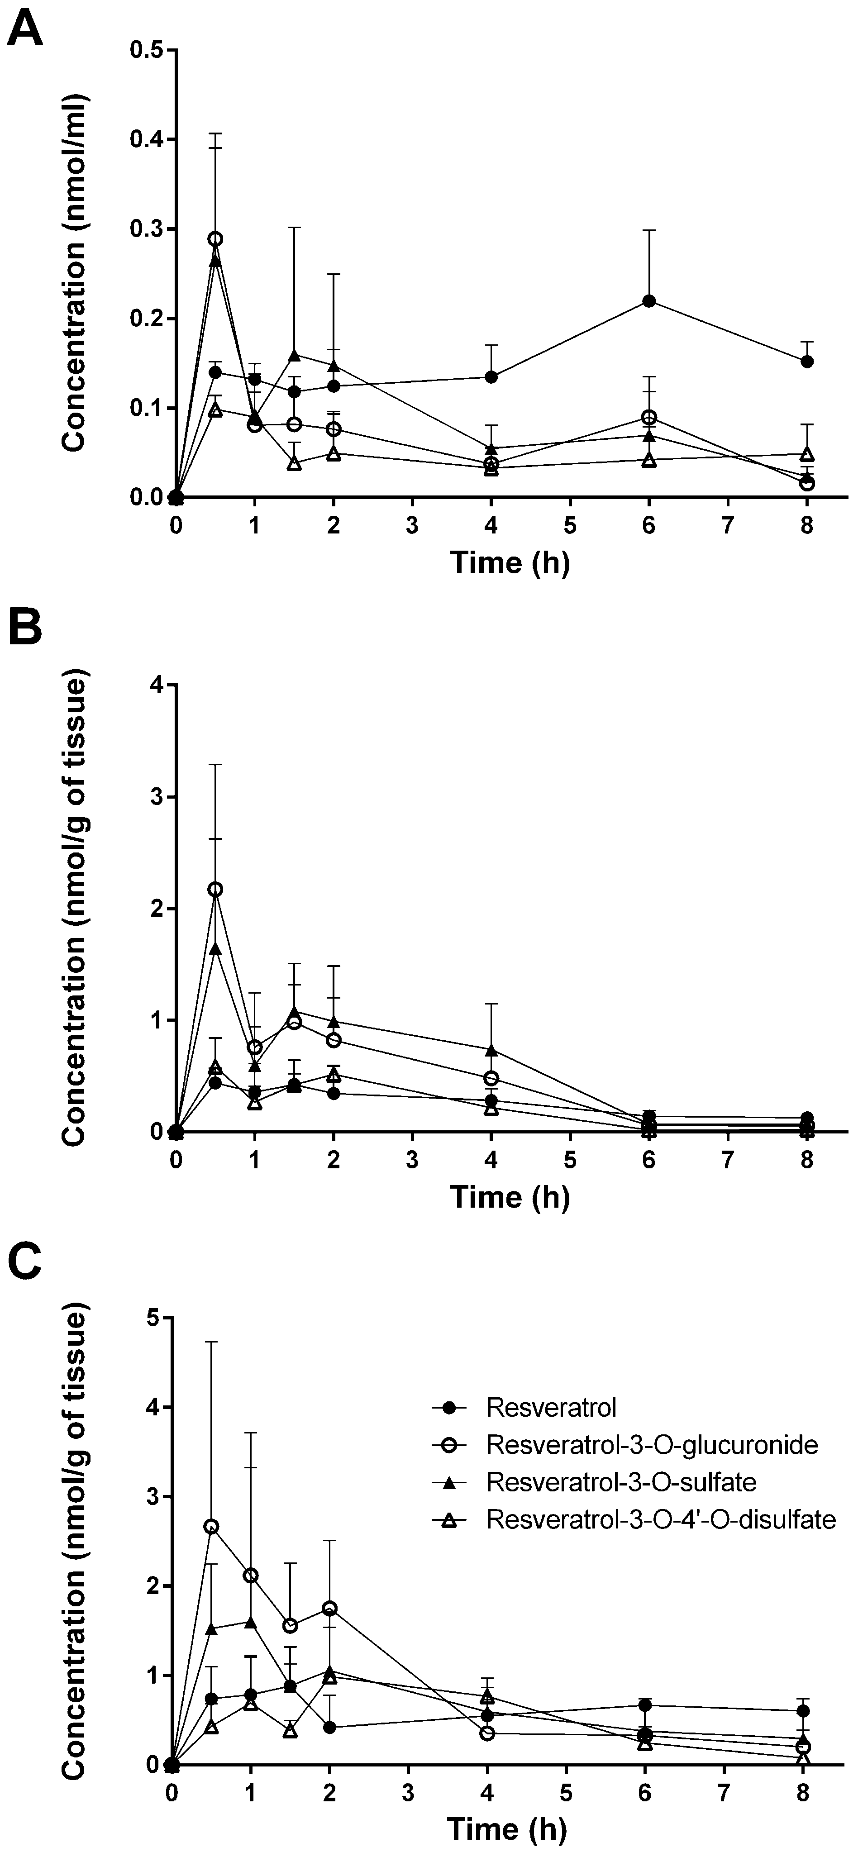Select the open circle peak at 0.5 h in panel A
(x=215, y=239)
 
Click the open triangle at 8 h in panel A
(x=807, y=454)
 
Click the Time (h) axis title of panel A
(x=509, y=562)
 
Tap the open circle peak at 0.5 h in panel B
(x=215, y=889)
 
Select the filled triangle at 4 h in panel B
(x=491, y=1050)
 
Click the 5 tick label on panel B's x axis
(x=570, y=1159)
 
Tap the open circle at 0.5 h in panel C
(x=211, y=1526)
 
